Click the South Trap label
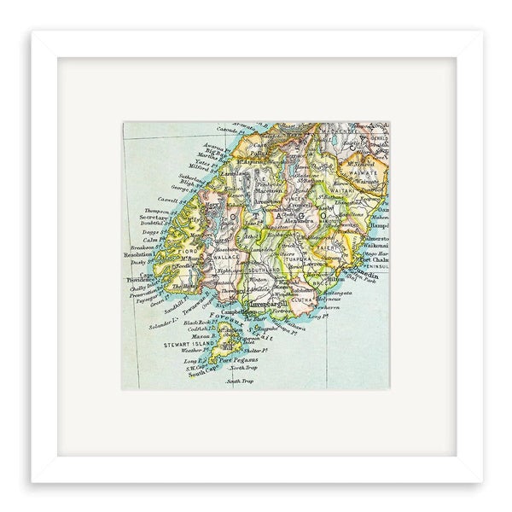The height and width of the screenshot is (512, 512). pyautogui.click(x=241, y=381)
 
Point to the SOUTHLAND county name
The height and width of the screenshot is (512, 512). pyautogui.click(x=266, y=269)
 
